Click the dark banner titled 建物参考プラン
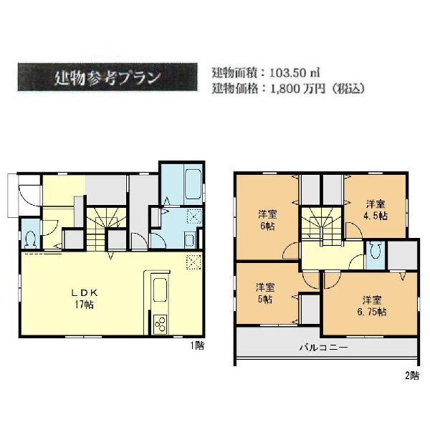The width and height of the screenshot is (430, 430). point(107,77)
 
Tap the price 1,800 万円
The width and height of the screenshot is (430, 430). point(297,89)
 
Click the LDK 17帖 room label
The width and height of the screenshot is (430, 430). point(85,299)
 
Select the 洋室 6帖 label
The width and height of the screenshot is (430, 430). point(267,220)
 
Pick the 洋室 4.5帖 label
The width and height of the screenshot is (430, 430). point(376,210)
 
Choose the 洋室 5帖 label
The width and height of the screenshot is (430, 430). point(265,293)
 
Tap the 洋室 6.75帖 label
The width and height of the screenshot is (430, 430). point(372,306)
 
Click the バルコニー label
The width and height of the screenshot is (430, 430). point(323,348)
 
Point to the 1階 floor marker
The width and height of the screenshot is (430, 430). point(198,345)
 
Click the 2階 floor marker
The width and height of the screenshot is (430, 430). point(412,376)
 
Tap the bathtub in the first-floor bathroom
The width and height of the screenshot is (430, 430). point(193,183)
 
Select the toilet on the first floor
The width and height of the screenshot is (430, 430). point(30,239)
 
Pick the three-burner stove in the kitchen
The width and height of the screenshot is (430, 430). point(160,325)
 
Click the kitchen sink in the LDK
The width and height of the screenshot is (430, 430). point(160,290)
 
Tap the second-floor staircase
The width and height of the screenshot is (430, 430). point(322,226)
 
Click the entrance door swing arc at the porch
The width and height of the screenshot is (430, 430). point(29,196)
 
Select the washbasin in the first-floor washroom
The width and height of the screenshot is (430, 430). point(190,240)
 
